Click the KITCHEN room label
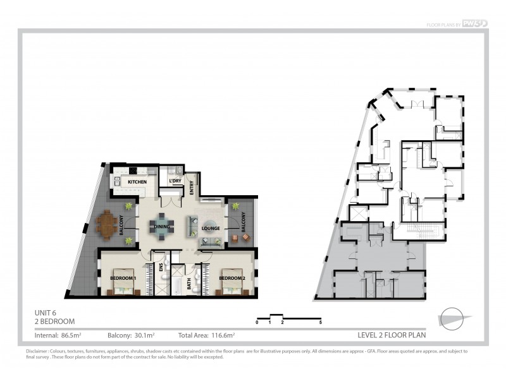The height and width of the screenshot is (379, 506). click(x=137, y=183)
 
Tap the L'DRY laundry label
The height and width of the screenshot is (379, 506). click(x=175, y=182)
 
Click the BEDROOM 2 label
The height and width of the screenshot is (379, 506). click(x=231, y=278)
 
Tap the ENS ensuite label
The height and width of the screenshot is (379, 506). click(x=161, y=269)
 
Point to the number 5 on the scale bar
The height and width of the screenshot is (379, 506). click(x=321, y=323)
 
